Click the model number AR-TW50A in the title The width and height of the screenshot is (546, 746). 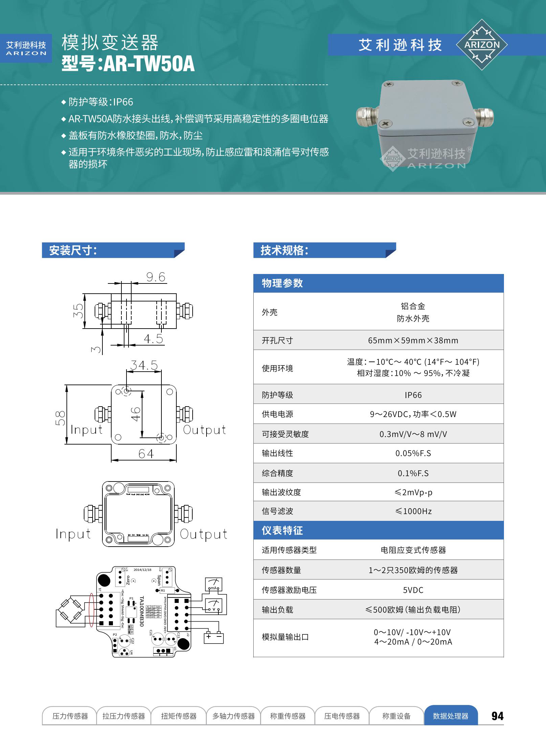[149, 64]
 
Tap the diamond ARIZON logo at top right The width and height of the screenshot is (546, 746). [482, 45]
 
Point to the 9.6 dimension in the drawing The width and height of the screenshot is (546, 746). [156, 277]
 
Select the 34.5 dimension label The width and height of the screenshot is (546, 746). [144, 365]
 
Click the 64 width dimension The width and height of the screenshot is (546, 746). [146, 454]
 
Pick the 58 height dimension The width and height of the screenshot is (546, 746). [60, 418]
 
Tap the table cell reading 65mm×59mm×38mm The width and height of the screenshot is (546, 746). [413, 340]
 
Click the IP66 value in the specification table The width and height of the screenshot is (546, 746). [413, 395]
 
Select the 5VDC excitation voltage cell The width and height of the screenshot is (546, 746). [413, 590]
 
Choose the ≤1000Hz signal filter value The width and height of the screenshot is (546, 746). [413, 511]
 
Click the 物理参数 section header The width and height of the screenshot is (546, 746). [282, 283]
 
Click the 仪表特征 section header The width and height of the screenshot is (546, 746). [282, 530]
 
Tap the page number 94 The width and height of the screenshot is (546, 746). [498, 716]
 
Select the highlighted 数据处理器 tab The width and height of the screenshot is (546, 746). [450, 716]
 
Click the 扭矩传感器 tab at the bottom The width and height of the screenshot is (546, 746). [179, 716]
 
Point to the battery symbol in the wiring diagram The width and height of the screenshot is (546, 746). [214, 637]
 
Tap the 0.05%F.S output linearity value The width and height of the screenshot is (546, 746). [413, 453]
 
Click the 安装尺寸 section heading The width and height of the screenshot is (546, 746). [73, 250]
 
